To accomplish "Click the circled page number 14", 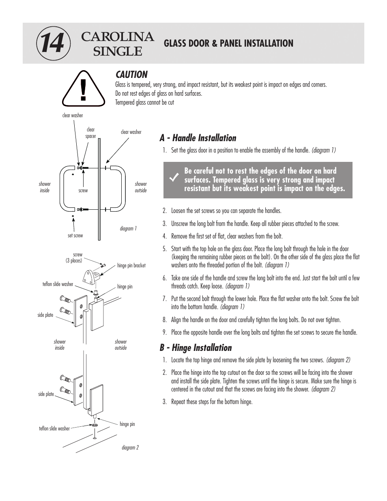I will (53, 43).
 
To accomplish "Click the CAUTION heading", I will (131, 75).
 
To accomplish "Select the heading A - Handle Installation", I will (198, 138).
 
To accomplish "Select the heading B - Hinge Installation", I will (196, 348).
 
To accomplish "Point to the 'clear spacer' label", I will (90, 133).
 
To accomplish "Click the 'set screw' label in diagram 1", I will (75, 235).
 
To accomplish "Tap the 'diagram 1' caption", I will (128, 228).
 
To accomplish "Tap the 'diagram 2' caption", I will (130, 447).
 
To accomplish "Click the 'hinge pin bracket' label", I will (131, 266).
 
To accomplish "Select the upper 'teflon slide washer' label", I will (58, 284).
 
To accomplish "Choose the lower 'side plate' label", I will (46, 394).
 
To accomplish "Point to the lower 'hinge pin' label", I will (127, 424).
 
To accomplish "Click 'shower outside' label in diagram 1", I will (141, 187).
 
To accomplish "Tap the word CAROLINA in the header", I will (118, 37).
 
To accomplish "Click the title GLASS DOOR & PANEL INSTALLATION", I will (228, 43).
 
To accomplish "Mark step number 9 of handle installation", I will (165, 332).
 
